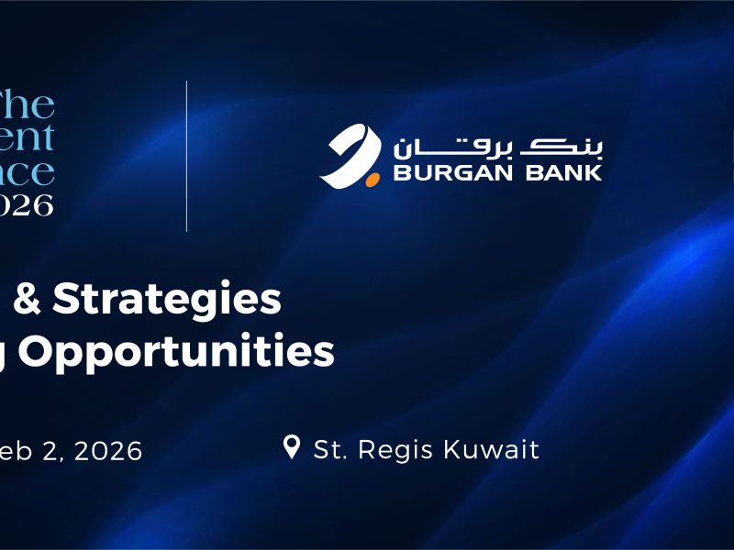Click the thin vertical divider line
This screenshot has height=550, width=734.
pos(186,156)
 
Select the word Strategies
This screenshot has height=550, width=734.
pos(165,300)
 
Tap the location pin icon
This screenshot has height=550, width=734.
pos(292,447)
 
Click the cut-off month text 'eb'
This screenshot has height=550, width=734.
pos(15,451)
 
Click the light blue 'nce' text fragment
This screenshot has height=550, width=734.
pos(27,171)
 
